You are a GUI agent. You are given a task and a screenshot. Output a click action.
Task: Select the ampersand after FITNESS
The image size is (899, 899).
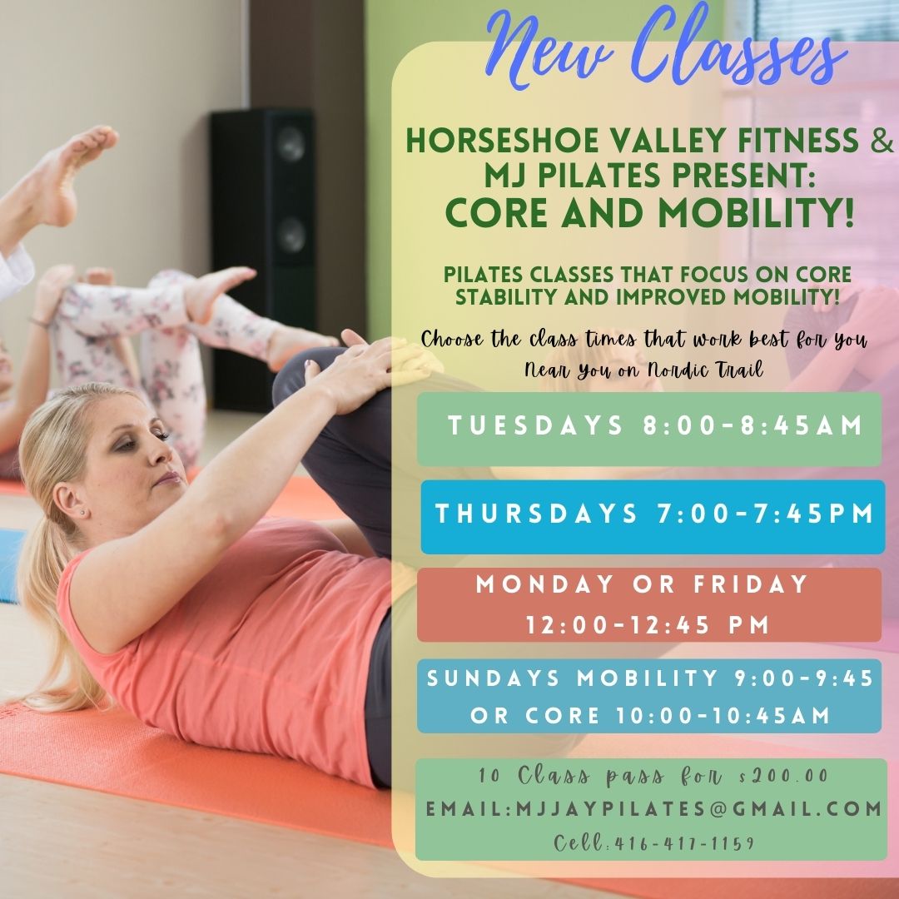pos(881,142)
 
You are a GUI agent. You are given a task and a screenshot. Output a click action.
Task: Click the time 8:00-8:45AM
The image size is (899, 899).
pos(752,426)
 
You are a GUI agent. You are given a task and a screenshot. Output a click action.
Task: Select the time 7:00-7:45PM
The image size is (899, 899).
pos(761,514)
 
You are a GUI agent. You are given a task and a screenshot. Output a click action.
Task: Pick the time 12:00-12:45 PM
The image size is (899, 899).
pos(648,624)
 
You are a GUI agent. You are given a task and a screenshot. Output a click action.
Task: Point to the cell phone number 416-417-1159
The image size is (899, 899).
pos(683,843)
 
